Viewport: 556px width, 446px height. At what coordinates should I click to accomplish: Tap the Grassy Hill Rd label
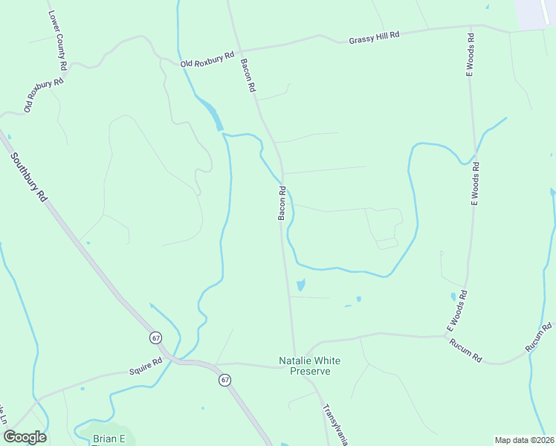[374, 37]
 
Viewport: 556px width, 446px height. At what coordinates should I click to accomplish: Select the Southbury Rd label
[29, 178]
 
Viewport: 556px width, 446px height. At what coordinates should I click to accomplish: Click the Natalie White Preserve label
[309, 366]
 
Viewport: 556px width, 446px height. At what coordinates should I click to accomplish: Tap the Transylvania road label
[334, 424]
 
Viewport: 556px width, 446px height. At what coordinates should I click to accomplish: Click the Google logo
[25, 437]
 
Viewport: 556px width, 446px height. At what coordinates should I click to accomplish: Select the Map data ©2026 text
[524, 440]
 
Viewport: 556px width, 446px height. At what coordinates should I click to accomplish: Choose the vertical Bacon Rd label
[282, 203]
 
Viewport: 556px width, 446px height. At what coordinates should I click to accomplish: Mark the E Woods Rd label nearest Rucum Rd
[456, 311]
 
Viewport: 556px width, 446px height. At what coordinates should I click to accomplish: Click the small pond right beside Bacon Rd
[300, 285]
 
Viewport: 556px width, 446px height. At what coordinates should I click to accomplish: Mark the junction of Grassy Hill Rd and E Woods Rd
[471, 28]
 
